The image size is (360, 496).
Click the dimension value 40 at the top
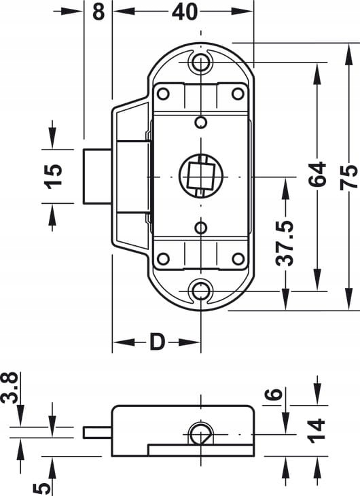pos(185,12)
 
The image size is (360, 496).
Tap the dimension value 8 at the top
pos(98,12)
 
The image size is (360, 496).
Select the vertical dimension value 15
pos(52,176)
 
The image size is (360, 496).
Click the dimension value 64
pos(317,175)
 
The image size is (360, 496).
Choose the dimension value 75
pos(348,177)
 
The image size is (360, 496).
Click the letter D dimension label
pos(157,342)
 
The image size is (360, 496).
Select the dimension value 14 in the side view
pos(316,431)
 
